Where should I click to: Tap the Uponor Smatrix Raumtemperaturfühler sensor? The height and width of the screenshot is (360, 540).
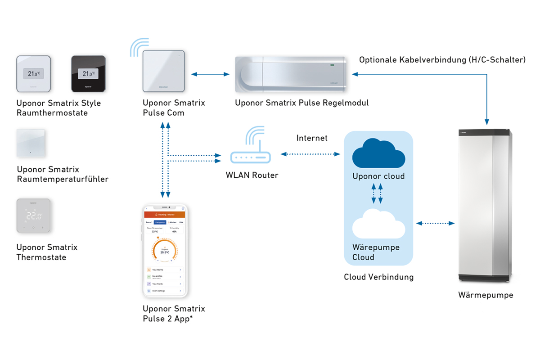[x=31, y=143]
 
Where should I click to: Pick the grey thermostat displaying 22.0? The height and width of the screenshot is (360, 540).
[x=33, y=216]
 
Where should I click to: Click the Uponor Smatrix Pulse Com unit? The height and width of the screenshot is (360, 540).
[x=164, y=71]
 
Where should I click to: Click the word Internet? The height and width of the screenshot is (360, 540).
[x=312, y=138]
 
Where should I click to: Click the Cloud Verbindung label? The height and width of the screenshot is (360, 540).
[x=378, y=277]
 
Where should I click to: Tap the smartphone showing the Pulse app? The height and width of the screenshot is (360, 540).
[x=165, y=251]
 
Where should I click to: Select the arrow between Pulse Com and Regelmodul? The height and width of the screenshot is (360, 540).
[x=210, y=74]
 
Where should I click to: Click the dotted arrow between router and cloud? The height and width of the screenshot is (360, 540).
[x=310, y=154]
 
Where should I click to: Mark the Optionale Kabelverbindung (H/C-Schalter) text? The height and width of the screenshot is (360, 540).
[x=442, y=60]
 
